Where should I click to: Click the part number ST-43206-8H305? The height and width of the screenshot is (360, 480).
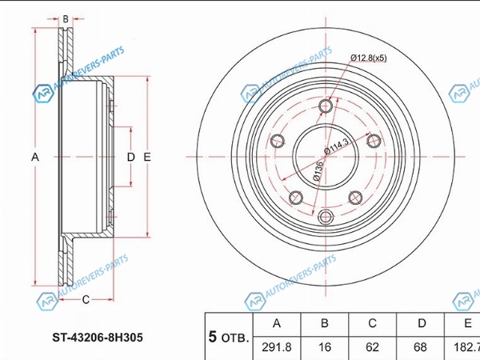98,338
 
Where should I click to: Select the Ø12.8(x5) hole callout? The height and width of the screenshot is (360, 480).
369,58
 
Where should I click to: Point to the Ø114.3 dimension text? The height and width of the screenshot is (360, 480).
337,146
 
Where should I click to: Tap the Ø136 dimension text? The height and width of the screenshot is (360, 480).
318,171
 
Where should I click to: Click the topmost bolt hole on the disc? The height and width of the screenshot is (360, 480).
326,106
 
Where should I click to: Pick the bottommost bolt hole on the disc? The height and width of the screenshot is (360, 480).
326,217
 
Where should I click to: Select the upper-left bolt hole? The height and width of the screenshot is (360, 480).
278,141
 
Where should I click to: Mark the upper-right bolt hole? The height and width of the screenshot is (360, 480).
374,141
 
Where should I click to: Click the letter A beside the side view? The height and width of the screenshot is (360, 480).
35,157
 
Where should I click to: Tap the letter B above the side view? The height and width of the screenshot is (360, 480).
66,19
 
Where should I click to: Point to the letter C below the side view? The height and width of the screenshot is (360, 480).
86,299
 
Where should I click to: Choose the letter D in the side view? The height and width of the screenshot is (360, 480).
130,157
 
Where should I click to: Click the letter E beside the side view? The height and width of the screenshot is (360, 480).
147,157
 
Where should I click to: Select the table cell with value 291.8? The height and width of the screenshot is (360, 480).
277,348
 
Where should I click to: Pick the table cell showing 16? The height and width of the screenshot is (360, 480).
325,348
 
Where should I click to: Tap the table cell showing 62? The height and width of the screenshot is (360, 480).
372,348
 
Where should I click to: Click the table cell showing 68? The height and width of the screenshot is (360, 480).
420,348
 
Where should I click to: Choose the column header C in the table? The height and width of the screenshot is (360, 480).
372,324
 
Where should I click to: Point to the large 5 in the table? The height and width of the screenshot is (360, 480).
213,337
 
